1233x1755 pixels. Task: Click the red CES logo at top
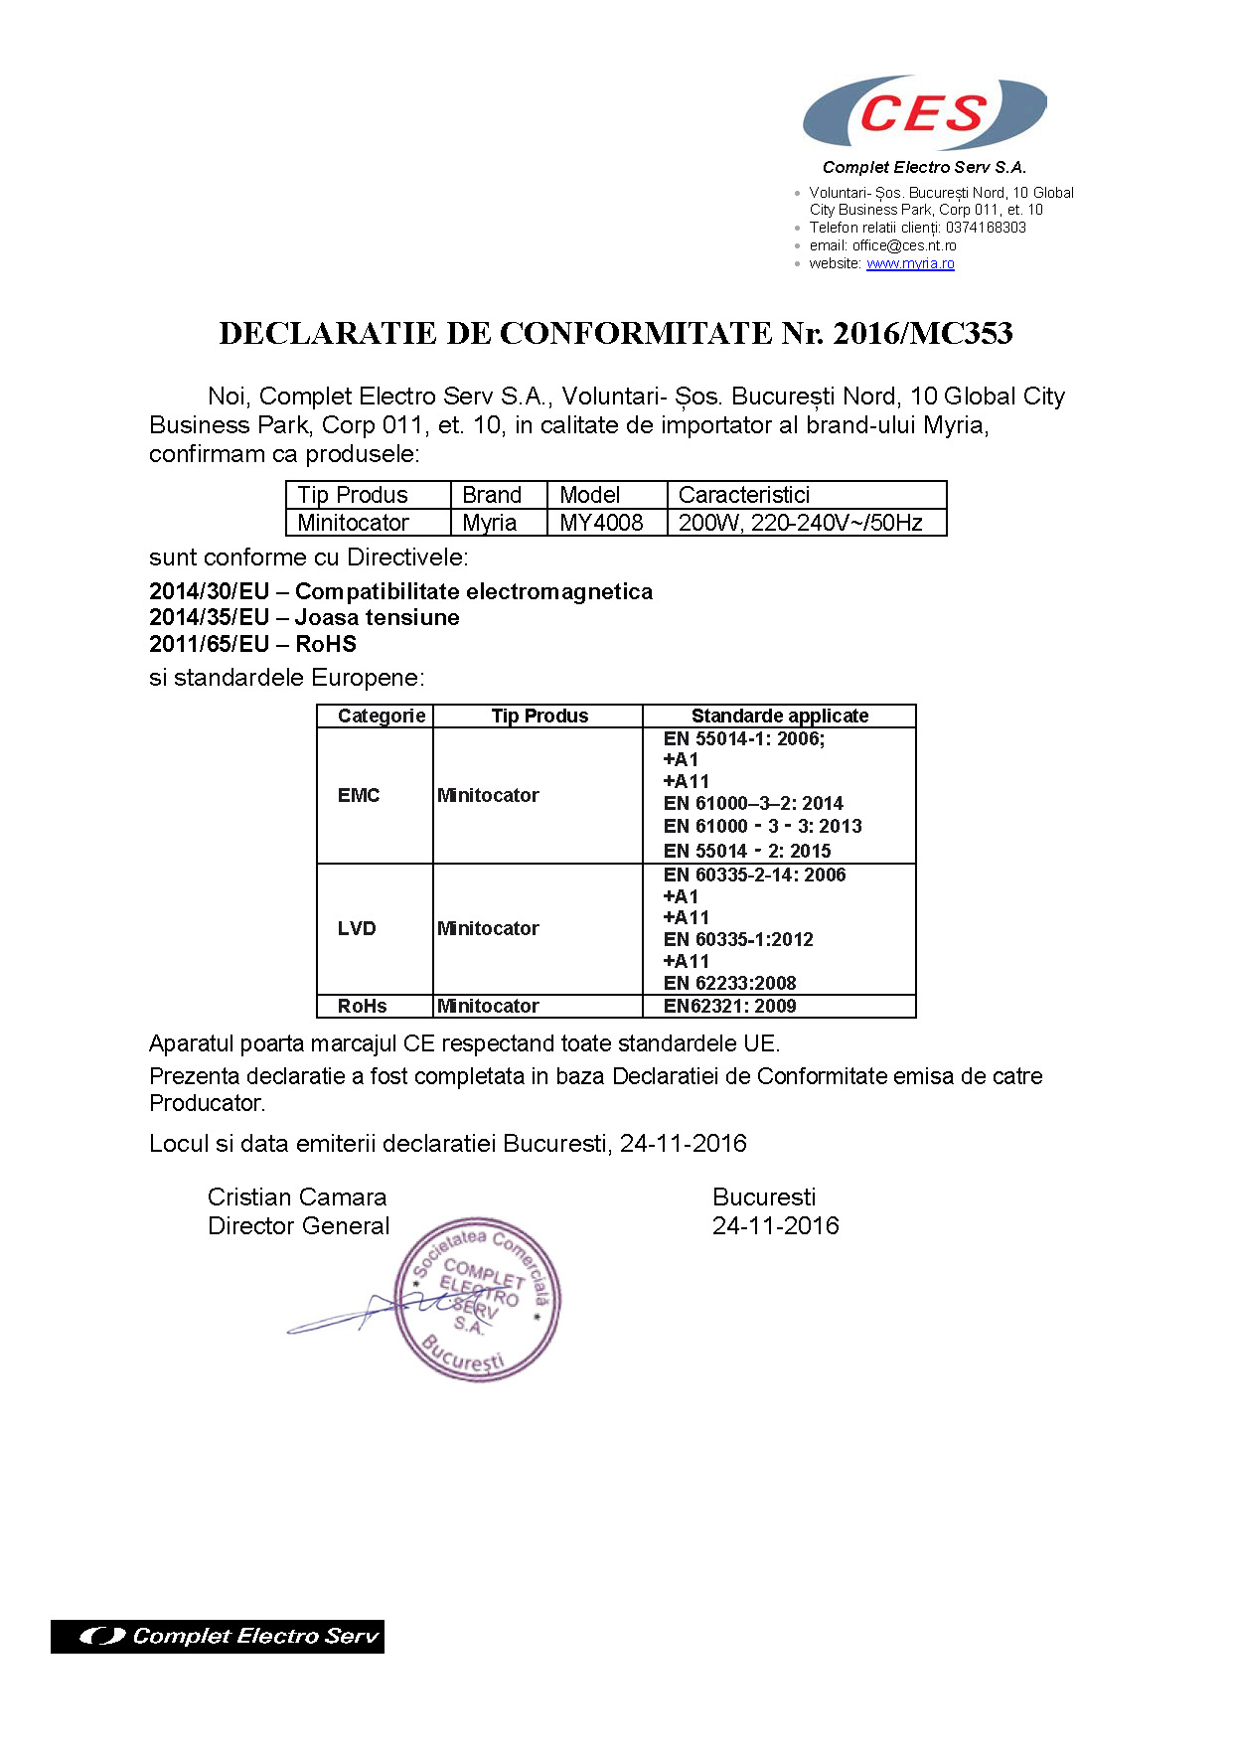(x=923, y=112)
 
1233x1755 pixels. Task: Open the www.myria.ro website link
(x=910, y=263)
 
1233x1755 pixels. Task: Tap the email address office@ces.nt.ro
(x=903, y=245)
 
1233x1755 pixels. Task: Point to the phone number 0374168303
(x=986, y=228)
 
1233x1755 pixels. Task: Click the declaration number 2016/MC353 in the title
(x=922, y=334)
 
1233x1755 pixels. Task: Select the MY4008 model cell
(x=602, y=523)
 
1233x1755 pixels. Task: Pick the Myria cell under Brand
(x=490, y=523)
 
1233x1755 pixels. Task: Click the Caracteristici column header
(x=744, y=495)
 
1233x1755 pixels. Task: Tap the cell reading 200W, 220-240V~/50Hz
(x=801, y=523)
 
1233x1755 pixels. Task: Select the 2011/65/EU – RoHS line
(x=252, y=644)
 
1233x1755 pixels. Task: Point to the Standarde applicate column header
(x=779, y=716)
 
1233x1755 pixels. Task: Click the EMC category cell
(x=359, y=795)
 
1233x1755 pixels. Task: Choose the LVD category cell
(x=357, y=928)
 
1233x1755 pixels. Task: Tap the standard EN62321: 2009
(x=730, y=1006)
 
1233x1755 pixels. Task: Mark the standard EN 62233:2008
(x=730, y=983)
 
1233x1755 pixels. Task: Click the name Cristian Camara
(x=296, y=1197)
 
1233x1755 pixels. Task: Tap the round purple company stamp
(x=477, y=1299)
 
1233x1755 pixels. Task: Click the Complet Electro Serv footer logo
(x=218, y=1636)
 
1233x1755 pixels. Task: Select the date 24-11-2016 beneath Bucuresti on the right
(x=775, y=1225)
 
